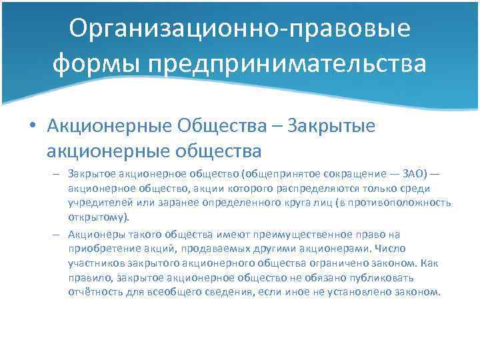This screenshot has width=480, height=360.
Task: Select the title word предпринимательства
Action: point(288,65)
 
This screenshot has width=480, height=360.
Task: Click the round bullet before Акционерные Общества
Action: point(32,124)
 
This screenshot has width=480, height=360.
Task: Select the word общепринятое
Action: point(274,174)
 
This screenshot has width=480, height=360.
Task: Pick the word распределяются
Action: point(304,189)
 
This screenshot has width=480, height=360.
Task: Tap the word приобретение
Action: point(100,248)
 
